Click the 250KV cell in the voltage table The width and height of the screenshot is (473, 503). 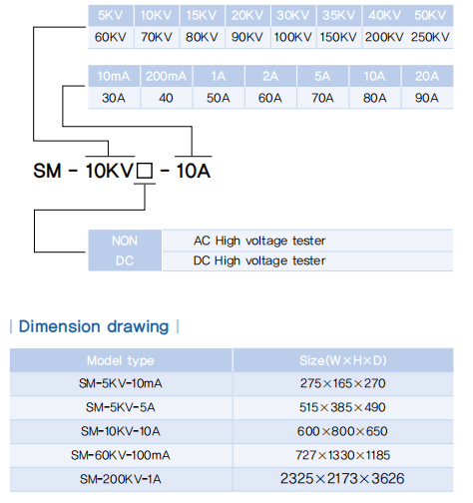pos(430,37)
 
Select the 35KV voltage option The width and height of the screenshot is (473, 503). pos(338,15)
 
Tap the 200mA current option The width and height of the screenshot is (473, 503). pos(166,76)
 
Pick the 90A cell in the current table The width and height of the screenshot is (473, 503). pos(426,98)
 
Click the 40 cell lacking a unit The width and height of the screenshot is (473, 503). pos(166,98)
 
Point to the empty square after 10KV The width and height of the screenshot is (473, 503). pos(145,171)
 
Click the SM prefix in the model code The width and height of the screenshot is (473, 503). pos(47,171)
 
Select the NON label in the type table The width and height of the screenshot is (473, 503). pos(125,241)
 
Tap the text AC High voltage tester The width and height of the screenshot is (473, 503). pos(259,241)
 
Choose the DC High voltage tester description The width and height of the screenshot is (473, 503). pos(259,260)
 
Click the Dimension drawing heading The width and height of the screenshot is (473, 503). pos(94,326)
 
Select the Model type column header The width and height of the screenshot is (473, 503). pos(121,360)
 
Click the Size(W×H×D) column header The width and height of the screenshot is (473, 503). pos(343,360)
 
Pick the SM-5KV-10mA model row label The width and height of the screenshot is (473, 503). pos(121,383)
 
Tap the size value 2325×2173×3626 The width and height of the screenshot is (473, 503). pos(342,479)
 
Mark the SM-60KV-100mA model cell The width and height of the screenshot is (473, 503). pos(121,455)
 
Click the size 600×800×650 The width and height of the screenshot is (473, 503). pos(342,431)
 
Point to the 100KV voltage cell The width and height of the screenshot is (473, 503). pos(292,37)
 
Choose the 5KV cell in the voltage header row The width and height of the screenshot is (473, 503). pos(111,15)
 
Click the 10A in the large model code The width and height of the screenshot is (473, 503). pos(194,171)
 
